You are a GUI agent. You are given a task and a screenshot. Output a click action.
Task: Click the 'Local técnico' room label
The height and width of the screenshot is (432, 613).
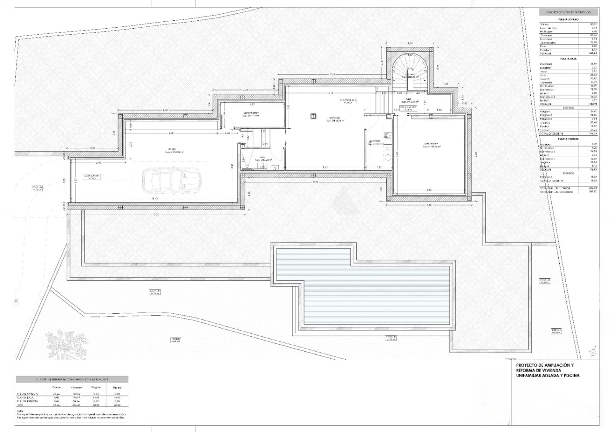251,113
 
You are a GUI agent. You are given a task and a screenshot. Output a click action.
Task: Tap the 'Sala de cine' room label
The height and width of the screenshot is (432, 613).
431,145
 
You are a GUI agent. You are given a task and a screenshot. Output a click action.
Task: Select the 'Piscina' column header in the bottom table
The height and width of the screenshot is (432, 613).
117,388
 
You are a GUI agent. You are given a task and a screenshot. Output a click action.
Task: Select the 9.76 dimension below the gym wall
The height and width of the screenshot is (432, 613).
315,182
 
